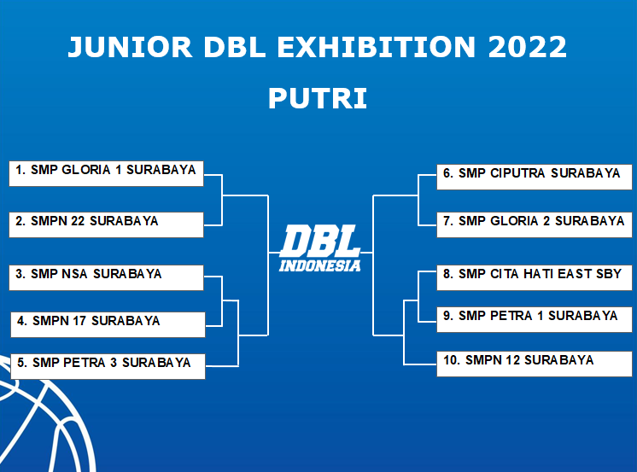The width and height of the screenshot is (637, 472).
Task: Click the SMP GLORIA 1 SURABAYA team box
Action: click(106, 173)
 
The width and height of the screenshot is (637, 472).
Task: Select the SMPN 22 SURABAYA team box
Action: click(106, 224)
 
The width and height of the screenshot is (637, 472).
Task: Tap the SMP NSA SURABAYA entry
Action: click(106, 278)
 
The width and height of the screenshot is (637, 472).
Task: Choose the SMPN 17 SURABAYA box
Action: click(108, 324)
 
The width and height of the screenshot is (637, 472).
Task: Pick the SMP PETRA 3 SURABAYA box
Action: click(108, 366)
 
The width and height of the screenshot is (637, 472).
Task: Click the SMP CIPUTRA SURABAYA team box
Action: click(535, 177)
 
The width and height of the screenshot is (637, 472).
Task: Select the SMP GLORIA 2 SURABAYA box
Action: click(535, 224)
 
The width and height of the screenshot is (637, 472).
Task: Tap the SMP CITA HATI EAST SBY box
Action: click(535, 278)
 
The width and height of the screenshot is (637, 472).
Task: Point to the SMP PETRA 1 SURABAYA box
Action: click(535, 320)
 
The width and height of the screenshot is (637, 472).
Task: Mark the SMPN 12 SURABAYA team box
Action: click(535, 364)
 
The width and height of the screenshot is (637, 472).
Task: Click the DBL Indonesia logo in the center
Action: click(320, 248)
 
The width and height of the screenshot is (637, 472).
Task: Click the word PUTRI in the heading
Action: click(318, 98)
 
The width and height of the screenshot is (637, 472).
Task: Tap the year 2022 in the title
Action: click(527, 47)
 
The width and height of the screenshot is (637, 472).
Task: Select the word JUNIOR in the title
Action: click(130, 47)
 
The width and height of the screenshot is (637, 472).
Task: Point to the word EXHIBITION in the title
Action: click(377, 47)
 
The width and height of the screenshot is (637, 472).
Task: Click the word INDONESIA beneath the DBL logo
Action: click(320, 265)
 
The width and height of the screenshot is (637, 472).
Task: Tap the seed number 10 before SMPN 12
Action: click(452, 360)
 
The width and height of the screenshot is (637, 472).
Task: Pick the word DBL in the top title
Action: click(235, 47)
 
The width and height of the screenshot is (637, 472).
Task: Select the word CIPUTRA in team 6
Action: click(517, 173)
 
